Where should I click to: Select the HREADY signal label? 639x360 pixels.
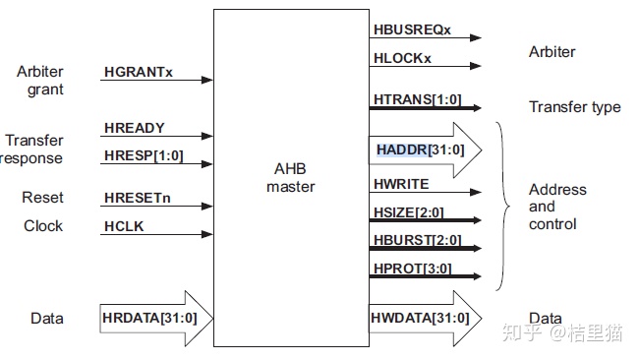click(x=134, y=129)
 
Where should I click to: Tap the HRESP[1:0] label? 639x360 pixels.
click(x=143, y=155)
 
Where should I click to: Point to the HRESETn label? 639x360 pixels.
click(x=137, y=199)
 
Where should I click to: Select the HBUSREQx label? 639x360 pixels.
click(x=412, y=30)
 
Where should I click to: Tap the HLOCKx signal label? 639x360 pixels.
click(x=402, y=58)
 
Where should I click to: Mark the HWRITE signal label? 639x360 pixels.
click(x=401, y=184)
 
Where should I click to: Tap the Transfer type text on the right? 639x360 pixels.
click(x=574, y=107)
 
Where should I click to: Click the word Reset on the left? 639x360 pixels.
click(x=42, y=199)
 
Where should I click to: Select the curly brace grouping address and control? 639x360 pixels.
click(x=504, y=207)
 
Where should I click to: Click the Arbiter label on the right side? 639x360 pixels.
click(x=552, y=52)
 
